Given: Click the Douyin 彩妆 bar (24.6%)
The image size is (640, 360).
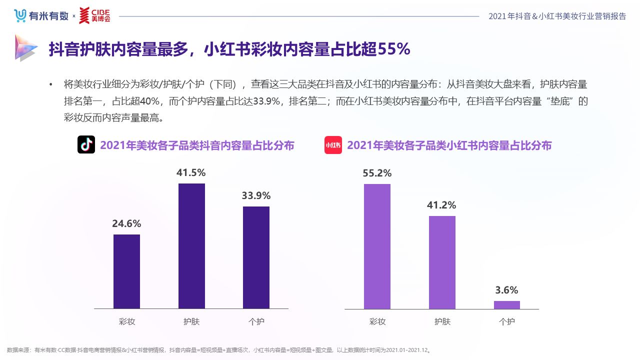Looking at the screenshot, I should (x=126, y=271).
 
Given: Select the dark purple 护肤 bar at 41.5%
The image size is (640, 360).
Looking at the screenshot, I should (x=191, y=246).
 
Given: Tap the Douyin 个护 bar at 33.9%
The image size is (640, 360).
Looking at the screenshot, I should (x=256, y=257).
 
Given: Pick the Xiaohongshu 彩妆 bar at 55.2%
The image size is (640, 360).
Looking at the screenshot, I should (x=377, y=246).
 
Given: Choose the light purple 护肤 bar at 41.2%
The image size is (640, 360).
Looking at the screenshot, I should (x=442, y=262).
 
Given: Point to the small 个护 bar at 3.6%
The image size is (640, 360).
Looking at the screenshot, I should (x=506, y=304).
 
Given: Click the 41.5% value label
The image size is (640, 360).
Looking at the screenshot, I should (x=191, y=172).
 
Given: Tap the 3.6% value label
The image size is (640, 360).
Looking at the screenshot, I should (x=506, y=290).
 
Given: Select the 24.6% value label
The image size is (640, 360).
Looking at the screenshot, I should (x=126, y=223).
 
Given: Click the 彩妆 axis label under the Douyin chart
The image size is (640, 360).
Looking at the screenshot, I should (x=126, y=321).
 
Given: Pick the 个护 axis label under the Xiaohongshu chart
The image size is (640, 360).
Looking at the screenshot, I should (x=506, y=321).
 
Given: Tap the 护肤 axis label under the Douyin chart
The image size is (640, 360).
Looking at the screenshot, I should (x=191, y=321).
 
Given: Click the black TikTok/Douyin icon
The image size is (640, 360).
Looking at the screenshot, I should (x=86, y=145).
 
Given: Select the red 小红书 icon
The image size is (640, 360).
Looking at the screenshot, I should (x=333, y=145).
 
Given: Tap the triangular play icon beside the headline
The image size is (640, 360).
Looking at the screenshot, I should (x=25, y=48).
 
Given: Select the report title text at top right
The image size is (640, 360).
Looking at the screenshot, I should (x=557, y=16).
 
